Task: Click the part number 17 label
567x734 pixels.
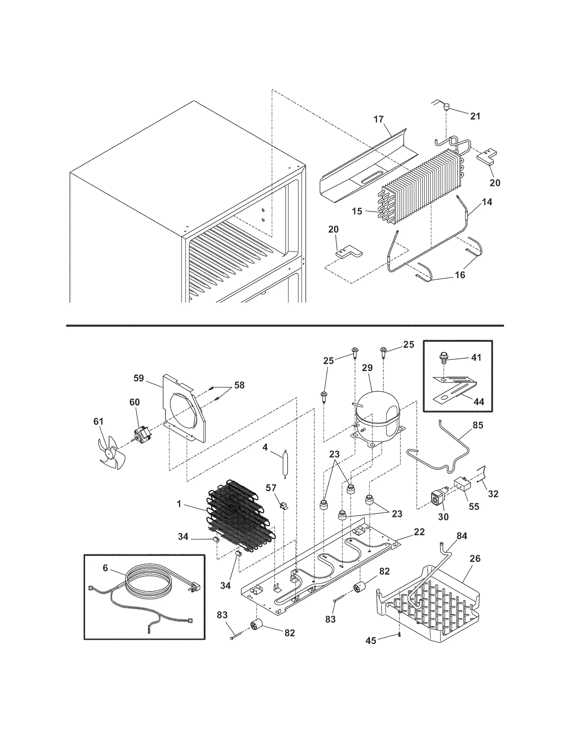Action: click(x=378, y=119)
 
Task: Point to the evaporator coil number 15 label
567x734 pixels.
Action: click(x=357, y=211)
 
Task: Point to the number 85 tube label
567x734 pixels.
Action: click(x=478, y=425)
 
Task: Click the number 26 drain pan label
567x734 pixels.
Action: click(x=475, y=559)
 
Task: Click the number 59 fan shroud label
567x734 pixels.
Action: click(x=139, y=378)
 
